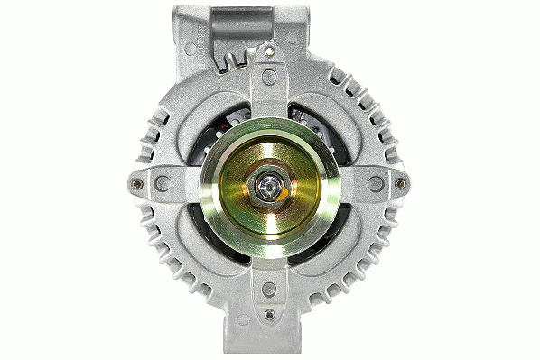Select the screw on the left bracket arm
[x=136, y=184]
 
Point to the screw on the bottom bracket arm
[x=269, y=314]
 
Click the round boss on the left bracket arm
[x=162, y=183]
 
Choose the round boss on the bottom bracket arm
[x=269, y=291]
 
